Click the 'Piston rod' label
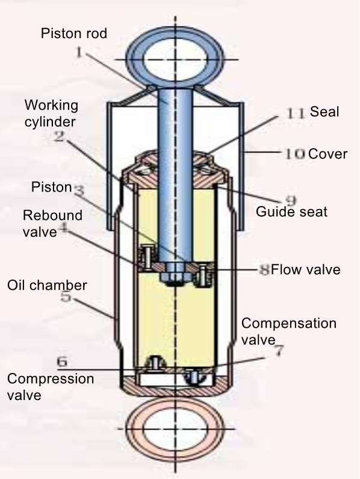pyautogui.click(x=74, y=33)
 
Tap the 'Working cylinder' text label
pyautogui.click(x=51, y=113)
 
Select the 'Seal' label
pyautogui.click(x=324, y=111)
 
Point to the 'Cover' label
pyautogui.click(x=327, y=154)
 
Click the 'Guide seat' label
pyautogui.click(x=291, y=211)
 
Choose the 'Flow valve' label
pyautogui.click(x=306, y=269)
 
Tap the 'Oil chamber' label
pyautogui.click(x=47, y=286)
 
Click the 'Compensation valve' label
pyautogui.click(x=289, y=331)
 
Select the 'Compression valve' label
pyautogui.click(x=51, y=387)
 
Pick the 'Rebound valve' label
pyautogui.click(x=52, y=224)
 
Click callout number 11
pyautogui.click(x=296, y=113)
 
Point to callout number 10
pyautogui.click(x=295, y=154)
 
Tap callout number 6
pyautogui.click(x=62, y=362)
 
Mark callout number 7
pyautogui.click(x=278, y=351)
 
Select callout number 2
pyautogui.click(x=59, y=136)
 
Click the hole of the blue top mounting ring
pyautogui.click(x=175, y=59)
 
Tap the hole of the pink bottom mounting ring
pyautogui.click(x=175, y=428)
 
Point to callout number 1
pyautogui.click(x=79, y=53)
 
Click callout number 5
pyautogui.click(x=66, y=296)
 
